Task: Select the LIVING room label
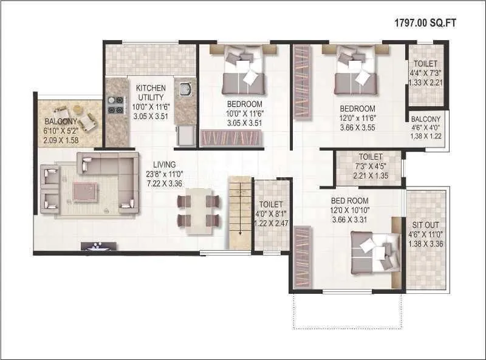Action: pos(164,165)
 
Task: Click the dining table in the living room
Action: pos(197,210)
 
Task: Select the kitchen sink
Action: pos(186,90)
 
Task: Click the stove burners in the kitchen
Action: pos(114,105)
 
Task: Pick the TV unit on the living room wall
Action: pos(98,246)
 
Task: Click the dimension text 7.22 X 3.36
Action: pos(164,183)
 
